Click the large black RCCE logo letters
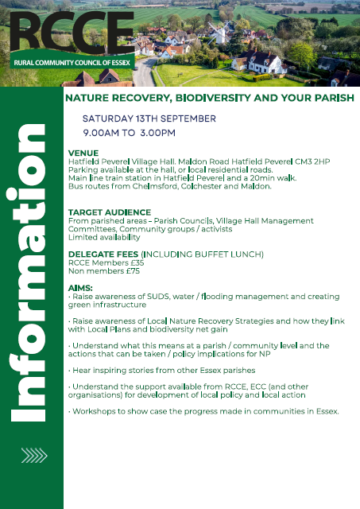(x=72, y=33)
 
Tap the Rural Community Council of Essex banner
(x=72, y=63)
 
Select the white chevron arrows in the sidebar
(x=34, y=456)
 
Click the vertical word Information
(x=28, y=273)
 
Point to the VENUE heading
(x=83, y=153)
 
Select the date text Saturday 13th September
(x=149, y=119)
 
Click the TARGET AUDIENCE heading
(x=110, y=212)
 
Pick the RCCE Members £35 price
(x=106, y=262)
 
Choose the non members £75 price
(x=104, y=271)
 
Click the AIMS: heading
(x=80, y=288)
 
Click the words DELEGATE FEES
(x=103, y=254)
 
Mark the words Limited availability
(x=104, y=237)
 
